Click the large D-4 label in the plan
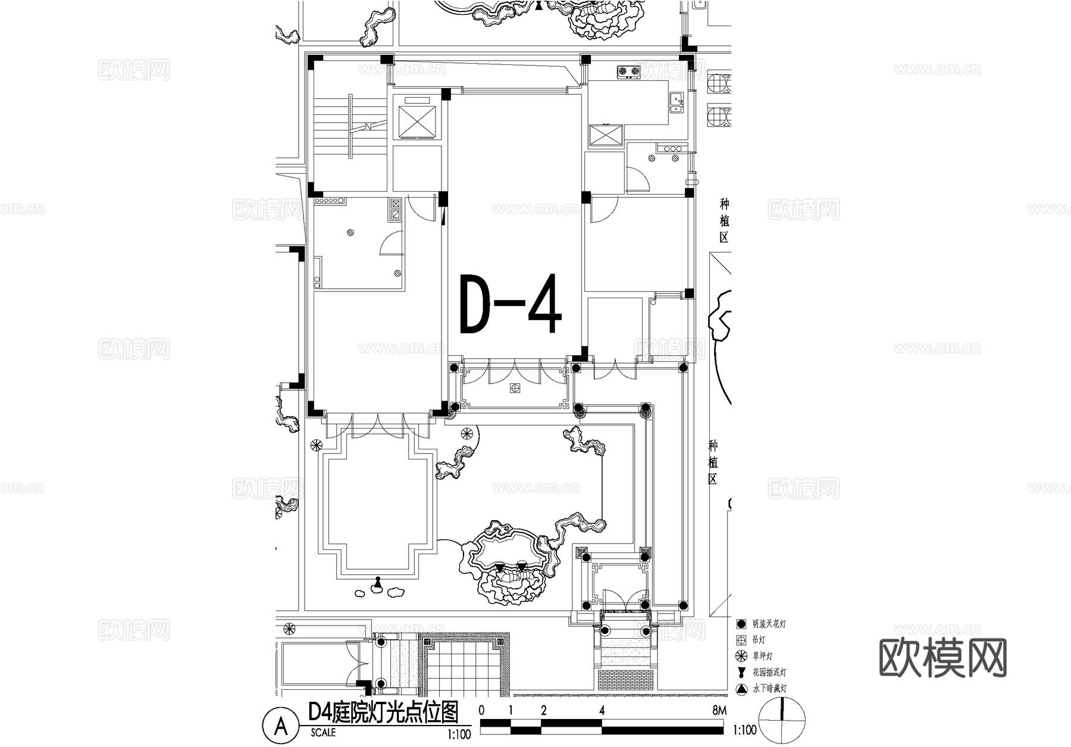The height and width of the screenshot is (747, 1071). click(511, 304)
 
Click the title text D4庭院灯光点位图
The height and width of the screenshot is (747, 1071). click(384, 712)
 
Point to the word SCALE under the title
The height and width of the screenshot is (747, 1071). click(323, 733)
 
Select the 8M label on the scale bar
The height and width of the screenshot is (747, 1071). click(718, 710)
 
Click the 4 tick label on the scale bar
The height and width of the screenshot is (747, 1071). click(602, 710)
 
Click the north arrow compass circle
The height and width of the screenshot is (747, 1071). click(782, 721)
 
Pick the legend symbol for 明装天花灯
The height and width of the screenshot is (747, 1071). click(741, 624)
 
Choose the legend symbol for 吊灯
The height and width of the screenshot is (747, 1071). click(741, 640)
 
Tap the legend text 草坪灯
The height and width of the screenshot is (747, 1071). click(762, 657)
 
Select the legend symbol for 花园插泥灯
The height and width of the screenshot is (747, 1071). click(741, 673)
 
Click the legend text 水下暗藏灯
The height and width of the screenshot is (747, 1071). click(769, 689)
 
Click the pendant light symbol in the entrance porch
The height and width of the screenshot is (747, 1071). click(515, 388)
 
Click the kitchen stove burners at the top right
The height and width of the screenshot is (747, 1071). click(628, 72)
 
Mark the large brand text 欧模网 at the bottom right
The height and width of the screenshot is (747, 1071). click(942, 658)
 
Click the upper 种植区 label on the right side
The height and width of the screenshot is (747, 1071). click(724, 221)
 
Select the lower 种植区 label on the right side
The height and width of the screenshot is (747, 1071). click(713, 462)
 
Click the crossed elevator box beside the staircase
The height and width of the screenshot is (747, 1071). click(416, 122)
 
